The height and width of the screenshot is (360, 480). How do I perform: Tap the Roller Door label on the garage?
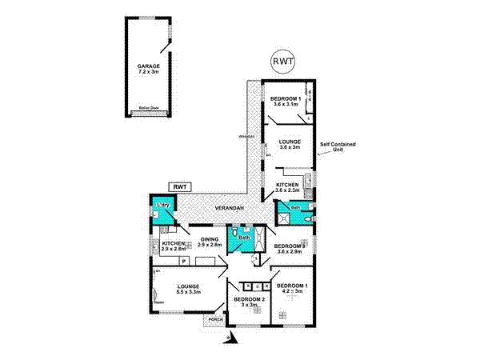coord(148,107)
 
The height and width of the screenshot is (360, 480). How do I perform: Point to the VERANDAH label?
coord(227,210)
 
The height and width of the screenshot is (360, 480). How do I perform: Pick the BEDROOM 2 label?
coord(246,302)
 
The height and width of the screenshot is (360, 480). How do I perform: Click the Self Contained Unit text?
coord(337,147)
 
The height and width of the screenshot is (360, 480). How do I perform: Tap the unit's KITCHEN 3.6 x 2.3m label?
coord(288,187)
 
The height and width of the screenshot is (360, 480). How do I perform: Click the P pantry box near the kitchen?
coord(183,262)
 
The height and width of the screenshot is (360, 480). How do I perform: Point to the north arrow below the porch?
coord(229,338)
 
